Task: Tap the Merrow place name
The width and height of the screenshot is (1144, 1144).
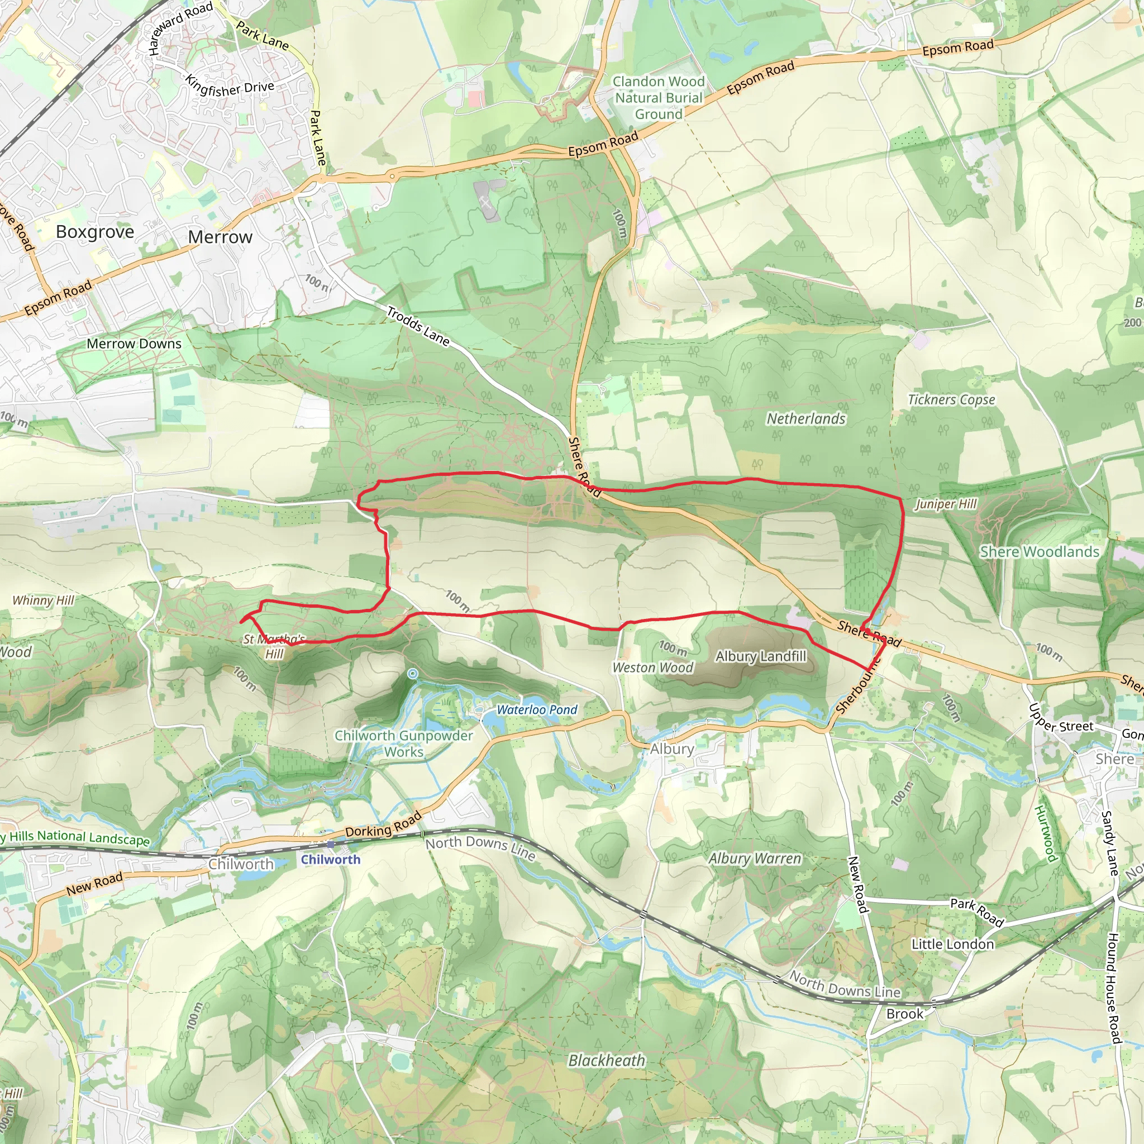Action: coord(220,237)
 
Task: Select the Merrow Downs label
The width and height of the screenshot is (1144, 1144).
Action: coord(134,344)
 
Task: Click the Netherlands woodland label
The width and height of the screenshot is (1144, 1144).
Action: coord(806,418)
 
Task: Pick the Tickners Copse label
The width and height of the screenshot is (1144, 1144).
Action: coord(951,400)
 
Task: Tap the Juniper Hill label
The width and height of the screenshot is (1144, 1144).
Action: coord(946,504)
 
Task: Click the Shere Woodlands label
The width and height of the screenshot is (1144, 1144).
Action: coord(1039,551)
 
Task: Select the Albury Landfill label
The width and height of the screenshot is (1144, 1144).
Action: coord(761,656)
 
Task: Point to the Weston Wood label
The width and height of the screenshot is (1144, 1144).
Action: coord(652,668)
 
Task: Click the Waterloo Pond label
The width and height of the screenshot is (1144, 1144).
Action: coord(536,709)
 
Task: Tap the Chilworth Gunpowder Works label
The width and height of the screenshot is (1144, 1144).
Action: coord(404,743)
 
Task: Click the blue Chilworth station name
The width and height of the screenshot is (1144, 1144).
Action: coord(331,859)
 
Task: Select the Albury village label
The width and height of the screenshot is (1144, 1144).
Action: coord(671,749)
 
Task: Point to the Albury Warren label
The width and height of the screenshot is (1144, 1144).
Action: coord(755,858)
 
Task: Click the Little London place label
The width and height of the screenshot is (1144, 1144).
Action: coord(952,944)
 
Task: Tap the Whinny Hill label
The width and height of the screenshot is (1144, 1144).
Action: coord(43,600)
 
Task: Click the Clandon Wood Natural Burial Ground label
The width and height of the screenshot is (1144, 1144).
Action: coord(659,98)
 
